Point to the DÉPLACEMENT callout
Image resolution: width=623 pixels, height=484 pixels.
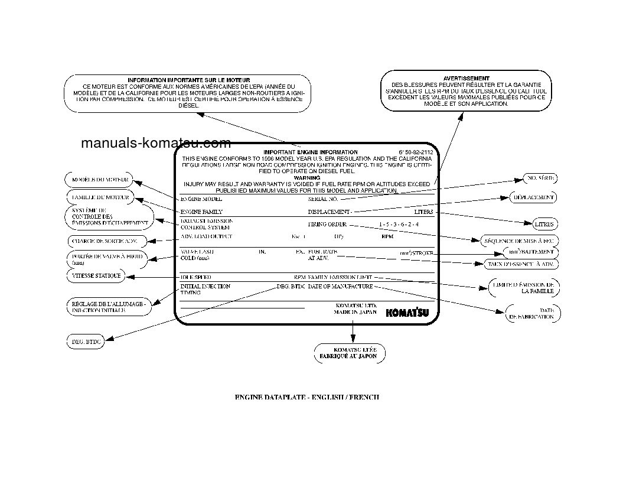[533, 197]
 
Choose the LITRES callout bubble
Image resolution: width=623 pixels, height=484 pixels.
[544, 225]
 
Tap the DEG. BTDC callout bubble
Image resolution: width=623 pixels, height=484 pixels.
[86, 342]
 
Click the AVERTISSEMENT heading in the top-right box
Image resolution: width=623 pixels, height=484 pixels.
[466, 78]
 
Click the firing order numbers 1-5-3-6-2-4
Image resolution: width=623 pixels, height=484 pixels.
[399, 225]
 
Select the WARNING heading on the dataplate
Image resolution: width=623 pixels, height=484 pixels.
[306, 177]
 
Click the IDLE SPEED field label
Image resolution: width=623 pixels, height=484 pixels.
[196, 277]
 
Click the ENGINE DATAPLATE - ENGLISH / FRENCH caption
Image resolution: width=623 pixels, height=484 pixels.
[307, 397]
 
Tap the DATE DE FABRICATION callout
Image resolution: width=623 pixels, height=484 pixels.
[532, 313]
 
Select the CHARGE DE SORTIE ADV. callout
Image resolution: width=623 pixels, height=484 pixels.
[103, 241]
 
